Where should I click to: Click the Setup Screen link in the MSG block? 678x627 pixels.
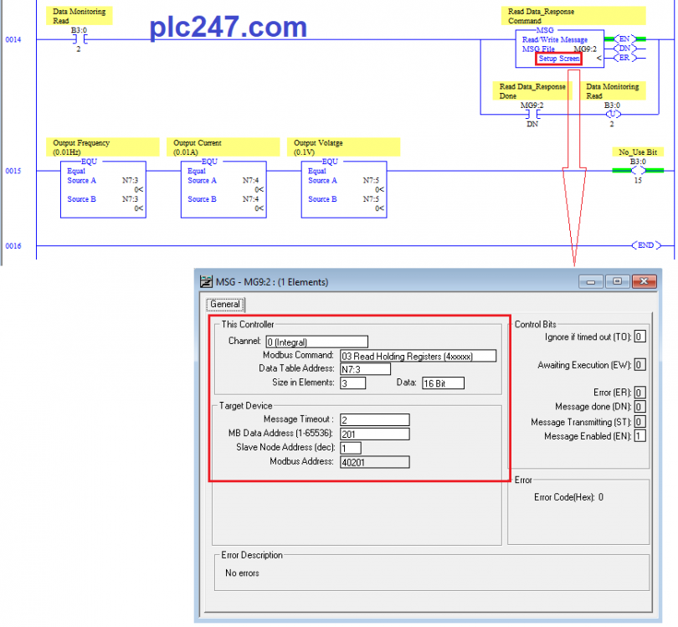point(558,59)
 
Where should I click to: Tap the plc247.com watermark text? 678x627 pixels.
point(228,27)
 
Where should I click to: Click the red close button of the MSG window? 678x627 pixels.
point(644,281)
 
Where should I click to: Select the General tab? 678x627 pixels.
point(225,305)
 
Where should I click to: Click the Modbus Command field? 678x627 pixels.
point(418,356)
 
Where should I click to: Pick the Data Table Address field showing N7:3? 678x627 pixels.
point(365,369)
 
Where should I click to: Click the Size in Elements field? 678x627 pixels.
point(352,383)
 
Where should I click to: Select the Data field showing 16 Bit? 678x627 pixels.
point(443,383)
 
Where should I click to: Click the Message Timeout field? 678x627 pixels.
point(374,420)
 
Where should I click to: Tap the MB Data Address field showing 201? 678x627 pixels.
point(374,434)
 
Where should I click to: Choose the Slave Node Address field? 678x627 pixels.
point(350,448)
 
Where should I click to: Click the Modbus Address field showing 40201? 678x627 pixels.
point(374,462)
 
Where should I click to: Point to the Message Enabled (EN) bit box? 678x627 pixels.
point(640,436)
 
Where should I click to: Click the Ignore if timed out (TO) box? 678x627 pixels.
point(640,337)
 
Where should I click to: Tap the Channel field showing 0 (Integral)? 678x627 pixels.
point(316,342)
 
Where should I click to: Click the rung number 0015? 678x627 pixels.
point(13,171)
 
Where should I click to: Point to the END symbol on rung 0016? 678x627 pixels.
point(646,245)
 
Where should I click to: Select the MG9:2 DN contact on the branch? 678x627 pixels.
point(532,114)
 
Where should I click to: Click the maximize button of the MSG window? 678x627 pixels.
point(618,281)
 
